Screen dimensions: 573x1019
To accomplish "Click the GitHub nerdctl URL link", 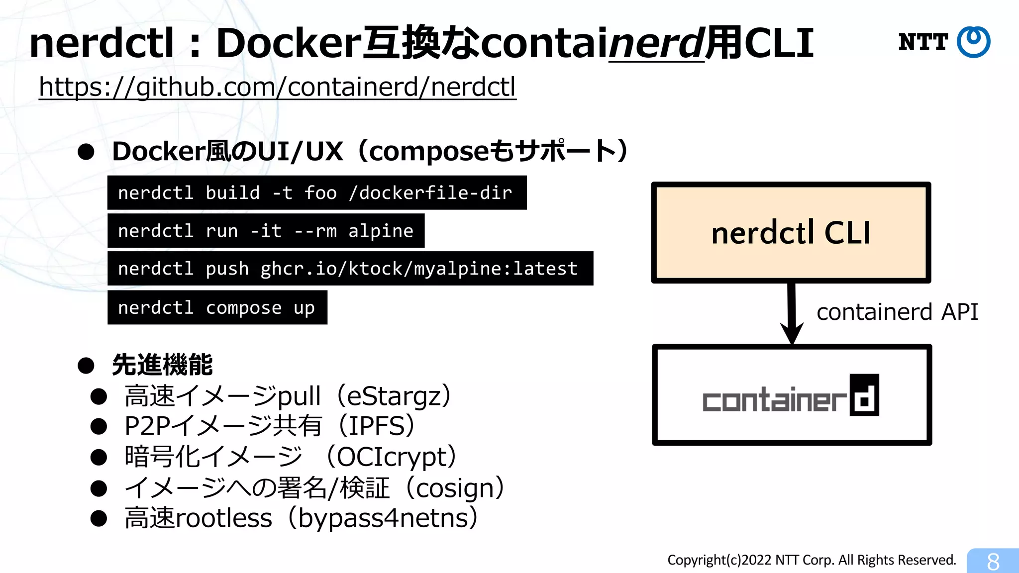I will tap(277, 88).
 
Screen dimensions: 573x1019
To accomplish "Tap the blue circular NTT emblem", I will tap(973, 42).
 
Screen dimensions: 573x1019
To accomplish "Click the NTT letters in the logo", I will tap(923, 42).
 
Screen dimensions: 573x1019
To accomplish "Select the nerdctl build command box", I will tap(316, 193).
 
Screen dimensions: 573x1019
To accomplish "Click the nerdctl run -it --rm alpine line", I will tap(266, 231).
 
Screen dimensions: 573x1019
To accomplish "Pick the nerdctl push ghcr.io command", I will tap(350, 269).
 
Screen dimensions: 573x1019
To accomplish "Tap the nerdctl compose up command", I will tap(217, 307).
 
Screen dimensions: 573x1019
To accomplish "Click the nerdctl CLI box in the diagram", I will tap(791, 232).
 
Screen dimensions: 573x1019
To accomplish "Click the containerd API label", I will tap(897, 312).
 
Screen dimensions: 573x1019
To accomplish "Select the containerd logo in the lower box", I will tap(791, 396).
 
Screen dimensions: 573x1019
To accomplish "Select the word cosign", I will tap(455, 488).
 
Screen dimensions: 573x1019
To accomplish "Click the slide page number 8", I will tap(993, 562).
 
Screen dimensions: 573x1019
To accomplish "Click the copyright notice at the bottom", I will tap(811, 560).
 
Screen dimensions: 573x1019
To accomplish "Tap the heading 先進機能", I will tap(162, 365).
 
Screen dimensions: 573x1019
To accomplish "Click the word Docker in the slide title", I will tap(289, 44).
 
